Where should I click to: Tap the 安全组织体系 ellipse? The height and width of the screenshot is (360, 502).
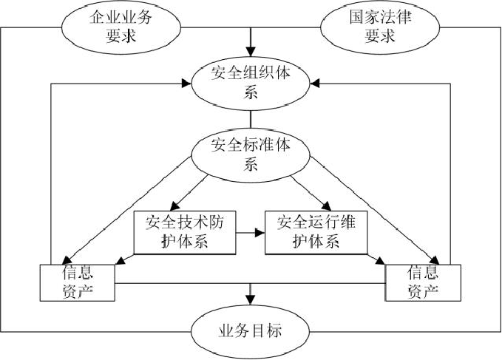(251, 82)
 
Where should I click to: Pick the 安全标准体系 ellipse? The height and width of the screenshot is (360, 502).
(251, 154)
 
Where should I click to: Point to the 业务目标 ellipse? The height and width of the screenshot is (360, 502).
(251, 330)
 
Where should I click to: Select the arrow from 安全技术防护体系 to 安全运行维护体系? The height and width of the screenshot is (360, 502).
(251, 232)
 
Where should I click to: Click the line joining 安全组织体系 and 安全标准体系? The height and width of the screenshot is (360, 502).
(251, 118)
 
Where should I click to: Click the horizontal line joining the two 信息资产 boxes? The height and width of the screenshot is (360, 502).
(251, 282)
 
